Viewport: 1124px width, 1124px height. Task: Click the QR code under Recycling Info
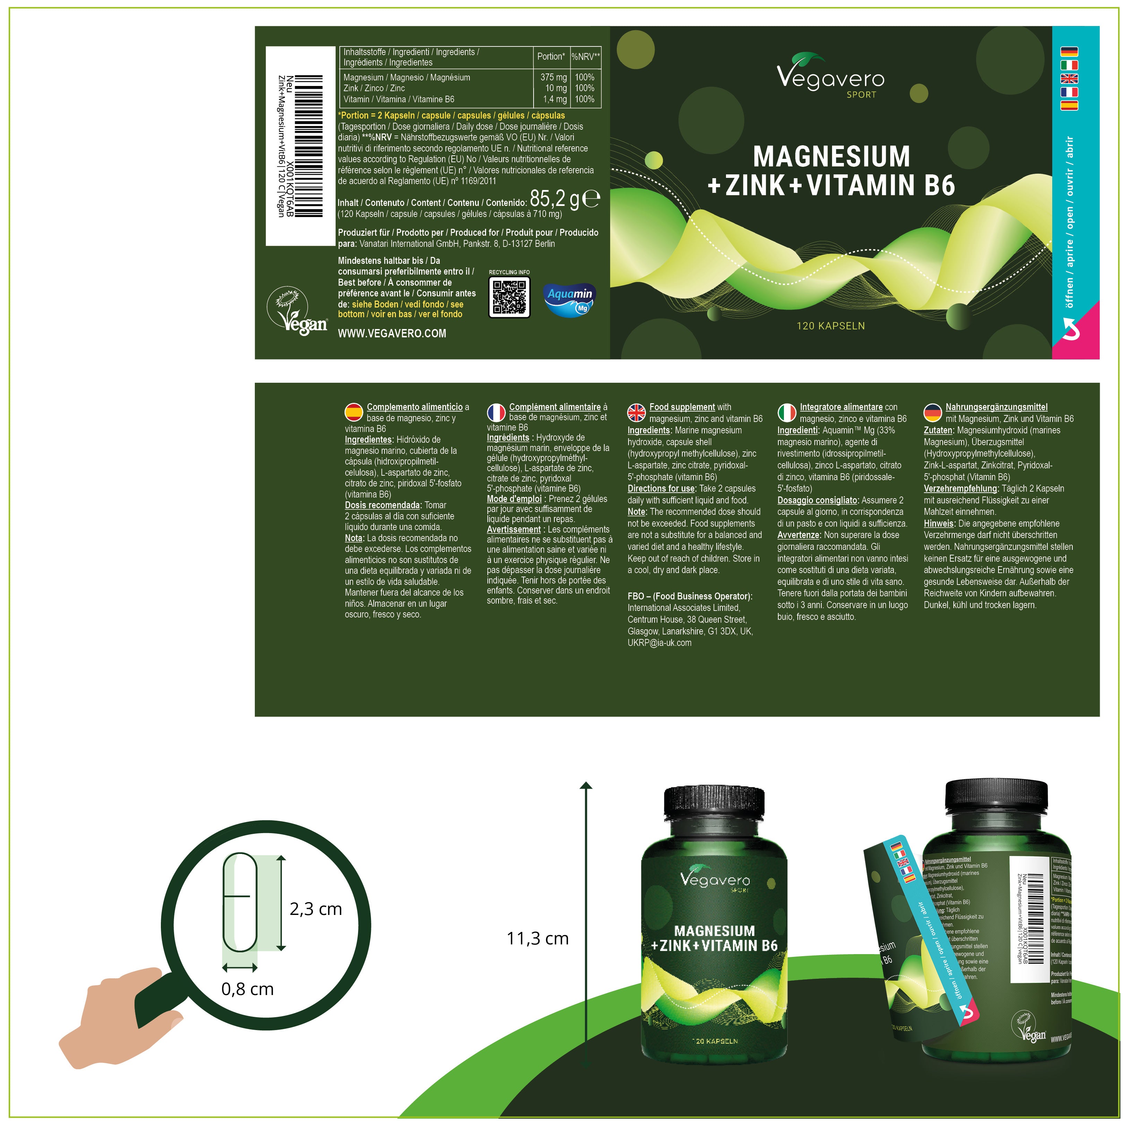pyautogui.click(x=510, y=297)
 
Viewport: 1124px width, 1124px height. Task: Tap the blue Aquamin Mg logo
pyautogui.click(x=570, y=298)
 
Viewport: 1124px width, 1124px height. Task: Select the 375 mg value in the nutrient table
pyautogui.click(x=553, y=77)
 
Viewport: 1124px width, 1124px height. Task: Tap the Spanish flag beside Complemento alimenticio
pyautogui.click(x=354, y=412)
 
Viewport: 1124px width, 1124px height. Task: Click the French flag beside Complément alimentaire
pyautogui.click(x=496, y=412)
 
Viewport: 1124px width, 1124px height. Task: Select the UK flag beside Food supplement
pyautogui.click(x=637, y=412)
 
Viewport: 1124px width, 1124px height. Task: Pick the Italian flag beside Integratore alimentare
pyautogui.click(x=787, y=412)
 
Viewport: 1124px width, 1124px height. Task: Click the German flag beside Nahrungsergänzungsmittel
pyautogui.click(x=933, y=412)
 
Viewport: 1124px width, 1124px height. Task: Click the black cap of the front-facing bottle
pyautogui.click(x=714, y=810)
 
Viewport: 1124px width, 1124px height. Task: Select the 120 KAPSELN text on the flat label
pyautogui.click(x=830, y=326)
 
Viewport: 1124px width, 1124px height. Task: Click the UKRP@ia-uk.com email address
pyautogui.click(x=659, y=643)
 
